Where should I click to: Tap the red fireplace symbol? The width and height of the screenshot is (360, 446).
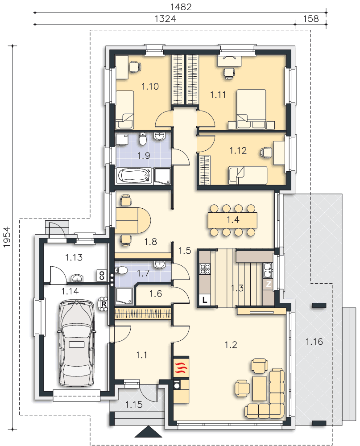[180, 367]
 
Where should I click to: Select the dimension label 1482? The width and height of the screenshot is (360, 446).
[181, 7]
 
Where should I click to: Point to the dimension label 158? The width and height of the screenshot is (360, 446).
[311, 19]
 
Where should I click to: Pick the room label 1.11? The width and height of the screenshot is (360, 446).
[218, 95]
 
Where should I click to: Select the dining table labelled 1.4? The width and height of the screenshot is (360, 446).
[233, 220]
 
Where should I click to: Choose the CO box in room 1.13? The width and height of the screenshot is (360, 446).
[102, 275]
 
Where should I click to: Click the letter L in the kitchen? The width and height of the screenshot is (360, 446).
[204, 300]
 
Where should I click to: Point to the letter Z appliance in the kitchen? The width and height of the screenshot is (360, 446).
[269, 284]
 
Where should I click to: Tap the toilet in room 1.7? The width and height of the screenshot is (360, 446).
[121, 270]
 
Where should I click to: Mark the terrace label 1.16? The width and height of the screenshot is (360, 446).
[314, 341]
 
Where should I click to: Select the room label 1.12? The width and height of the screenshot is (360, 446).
[238, 150]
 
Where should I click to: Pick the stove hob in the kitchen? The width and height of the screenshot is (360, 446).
[206, 268]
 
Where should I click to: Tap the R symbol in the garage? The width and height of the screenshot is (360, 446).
[104, 303]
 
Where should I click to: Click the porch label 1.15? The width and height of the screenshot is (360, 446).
[134, 404]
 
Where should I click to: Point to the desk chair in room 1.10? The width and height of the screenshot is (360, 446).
[135, 67]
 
